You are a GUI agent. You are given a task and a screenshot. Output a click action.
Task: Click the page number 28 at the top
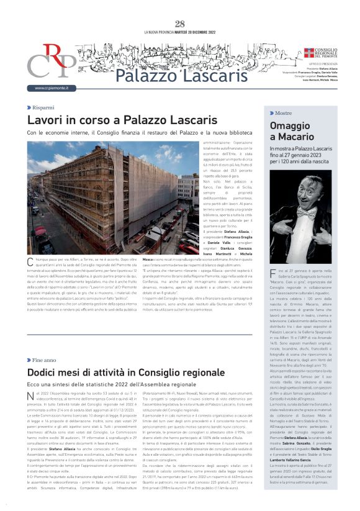(x=180, y=24)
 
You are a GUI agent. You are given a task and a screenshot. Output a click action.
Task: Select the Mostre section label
(x=283, y=113)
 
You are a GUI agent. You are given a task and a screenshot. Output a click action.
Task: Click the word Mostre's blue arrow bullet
(x=271, y=113)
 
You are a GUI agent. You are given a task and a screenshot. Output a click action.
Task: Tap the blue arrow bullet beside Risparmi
(x=29, y=107)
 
